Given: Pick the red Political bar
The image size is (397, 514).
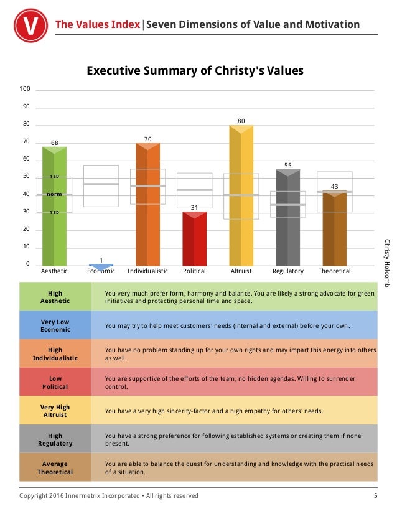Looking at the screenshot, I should tap(194, 240).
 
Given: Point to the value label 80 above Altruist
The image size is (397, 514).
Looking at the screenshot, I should tap(241, 120).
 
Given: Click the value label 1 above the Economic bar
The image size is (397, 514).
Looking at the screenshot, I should tap(101, 260).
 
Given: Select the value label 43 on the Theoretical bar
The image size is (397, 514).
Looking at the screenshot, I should tap(334, 186).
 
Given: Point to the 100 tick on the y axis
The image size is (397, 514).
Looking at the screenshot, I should tap(25, 89).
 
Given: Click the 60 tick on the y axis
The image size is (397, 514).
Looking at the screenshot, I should tap(26, 159).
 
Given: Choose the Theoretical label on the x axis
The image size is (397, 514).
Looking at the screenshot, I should tap(334, 271).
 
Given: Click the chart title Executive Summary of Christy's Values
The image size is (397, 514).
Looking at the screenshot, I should tap(195, 71).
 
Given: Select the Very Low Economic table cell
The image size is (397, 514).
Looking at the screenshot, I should tap(55, 325).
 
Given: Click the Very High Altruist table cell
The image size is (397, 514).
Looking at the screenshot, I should tap(55, 411).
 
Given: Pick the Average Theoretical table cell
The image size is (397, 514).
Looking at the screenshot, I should tap(55, 467).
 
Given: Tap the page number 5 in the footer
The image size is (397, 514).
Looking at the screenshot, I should tap(375, 496).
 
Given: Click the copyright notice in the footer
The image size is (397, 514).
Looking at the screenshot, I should tap(109, 496).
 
